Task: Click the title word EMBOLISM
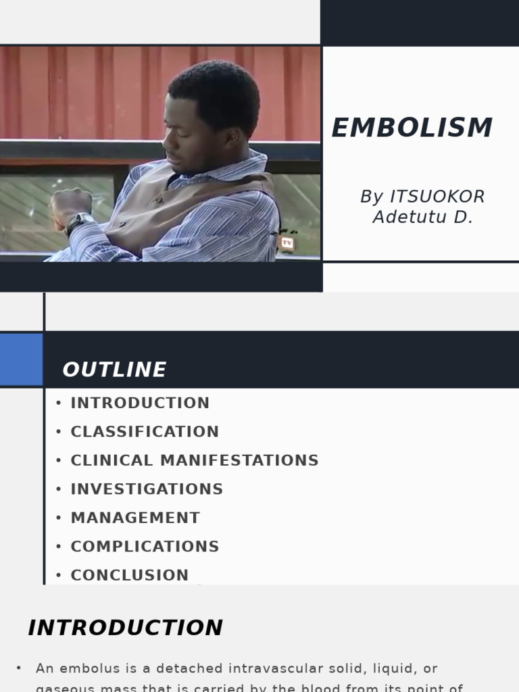[412, 128]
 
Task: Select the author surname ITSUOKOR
[437, 197]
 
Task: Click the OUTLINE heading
[114, 370]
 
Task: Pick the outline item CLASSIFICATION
[145, 432]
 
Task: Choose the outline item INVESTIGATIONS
[147, 489]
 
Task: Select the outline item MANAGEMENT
[135, 518]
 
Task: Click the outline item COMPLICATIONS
[145, 547]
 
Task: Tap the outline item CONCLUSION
[130, 575]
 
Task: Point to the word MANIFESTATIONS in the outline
[239, 460]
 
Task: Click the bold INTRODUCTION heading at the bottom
[125, 628]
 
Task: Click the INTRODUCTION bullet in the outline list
[140, 403]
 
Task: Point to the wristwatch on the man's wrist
[78, 222]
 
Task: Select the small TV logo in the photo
[287, 242]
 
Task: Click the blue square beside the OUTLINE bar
[21, 359]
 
